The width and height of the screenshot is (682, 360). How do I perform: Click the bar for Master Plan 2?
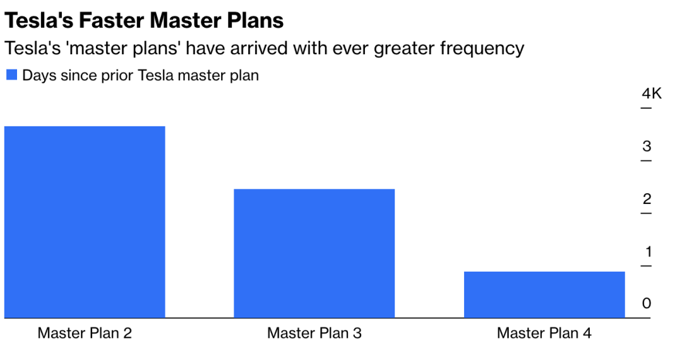coord(85,222)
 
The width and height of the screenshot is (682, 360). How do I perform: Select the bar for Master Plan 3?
coord(314,253)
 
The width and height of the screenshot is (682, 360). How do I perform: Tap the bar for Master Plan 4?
coord(544,294)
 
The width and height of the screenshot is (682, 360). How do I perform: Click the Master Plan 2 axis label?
coord(85,333)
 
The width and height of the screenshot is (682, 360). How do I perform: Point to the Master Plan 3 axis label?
coord(314,333)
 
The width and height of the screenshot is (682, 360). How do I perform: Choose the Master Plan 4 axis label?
coord(544,333)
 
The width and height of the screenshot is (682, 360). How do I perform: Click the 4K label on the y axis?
coord(652,93)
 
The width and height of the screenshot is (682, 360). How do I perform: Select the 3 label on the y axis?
coord(647,146)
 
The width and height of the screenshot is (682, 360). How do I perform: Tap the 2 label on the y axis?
coord(647,199)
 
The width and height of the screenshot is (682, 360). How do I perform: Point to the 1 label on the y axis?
coord(648,251)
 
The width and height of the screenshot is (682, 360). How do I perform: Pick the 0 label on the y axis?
coord(647,303)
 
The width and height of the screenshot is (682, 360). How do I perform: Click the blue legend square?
coord(12,75)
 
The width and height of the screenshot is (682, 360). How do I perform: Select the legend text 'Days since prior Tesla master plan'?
coord(140,75)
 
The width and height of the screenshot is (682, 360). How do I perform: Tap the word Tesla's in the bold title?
coord(39,20)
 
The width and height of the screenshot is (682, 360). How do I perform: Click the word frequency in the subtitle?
coord(482,48)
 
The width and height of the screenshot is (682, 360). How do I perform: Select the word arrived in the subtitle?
coord(258,48)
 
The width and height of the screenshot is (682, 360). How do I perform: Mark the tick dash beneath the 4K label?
coord(647,107)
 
